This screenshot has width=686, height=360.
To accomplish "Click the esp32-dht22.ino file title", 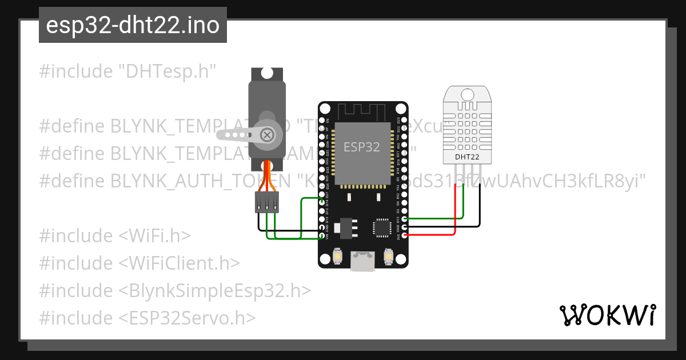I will click(x=133, y=26).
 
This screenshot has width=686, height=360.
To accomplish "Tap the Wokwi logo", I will click(x=607, y=315).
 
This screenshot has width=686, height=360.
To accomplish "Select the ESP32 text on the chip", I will click(x=361, y=147).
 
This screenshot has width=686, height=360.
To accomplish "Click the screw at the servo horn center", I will click(x=266, y=135).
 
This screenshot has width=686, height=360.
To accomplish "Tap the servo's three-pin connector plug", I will click(x=267, y=202).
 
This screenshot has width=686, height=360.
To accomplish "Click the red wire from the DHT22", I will click(x=455, y=217).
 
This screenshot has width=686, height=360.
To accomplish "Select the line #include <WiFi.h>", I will click(x=115, y=235).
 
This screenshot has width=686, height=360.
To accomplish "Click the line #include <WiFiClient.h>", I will click(x=139, y=263).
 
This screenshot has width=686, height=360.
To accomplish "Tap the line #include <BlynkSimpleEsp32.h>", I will click(x=175, y=290).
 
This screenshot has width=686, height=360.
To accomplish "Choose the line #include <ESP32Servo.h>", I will click(x=147, y=318).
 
